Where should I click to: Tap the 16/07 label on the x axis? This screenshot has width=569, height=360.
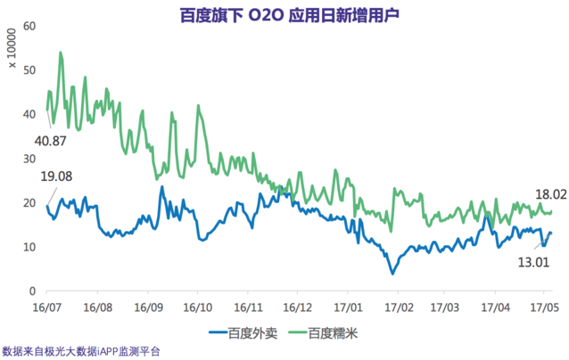pyautogui.click(x=46, y=306)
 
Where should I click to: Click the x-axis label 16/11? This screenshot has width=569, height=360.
pyautogui.click(x=247, y=306)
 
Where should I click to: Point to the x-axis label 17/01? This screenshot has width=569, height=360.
pyautogui.click(x=346, y=306)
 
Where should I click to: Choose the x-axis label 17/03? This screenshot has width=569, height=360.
pyautogui.click(x=443, y=306)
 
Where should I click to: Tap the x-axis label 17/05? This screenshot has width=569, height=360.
pyautogui.click(x=543, y=306)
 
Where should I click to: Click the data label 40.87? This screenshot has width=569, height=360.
pyautogui.click(x=53, y=142)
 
